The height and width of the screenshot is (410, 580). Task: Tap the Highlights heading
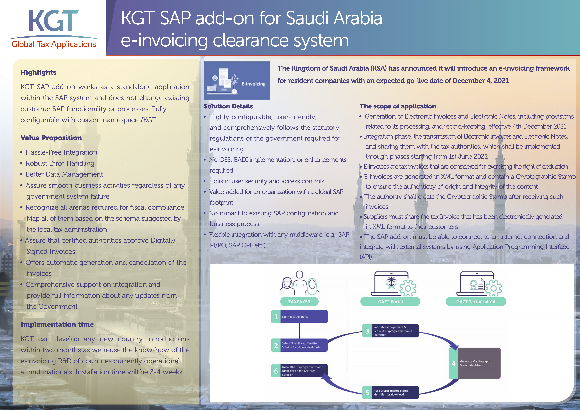[x=38, y=72]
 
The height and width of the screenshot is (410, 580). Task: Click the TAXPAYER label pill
[x=299, y=302]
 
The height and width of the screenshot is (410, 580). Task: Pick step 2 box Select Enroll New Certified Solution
[x=299, y=345]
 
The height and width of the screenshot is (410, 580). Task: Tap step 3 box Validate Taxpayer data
[x=391, y=331]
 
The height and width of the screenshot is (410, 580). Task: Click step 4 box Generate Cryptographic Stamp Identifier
[x=475, y=363]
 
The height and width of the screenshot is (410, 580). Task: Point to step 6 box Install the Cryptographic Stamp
[x=299, y=371]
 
